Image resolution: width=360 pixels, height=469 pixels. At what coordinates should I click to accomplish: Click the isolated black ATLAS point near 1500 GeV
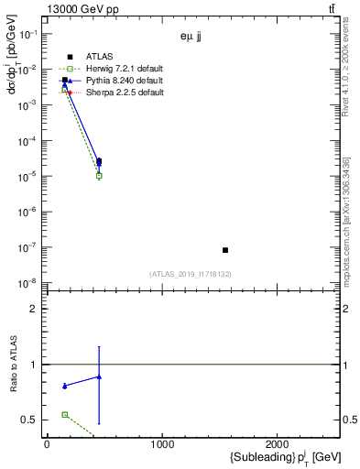(225, 250)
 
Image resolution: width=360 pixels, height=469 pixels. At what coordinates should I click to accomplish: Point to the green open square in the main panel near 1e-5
(99, 176)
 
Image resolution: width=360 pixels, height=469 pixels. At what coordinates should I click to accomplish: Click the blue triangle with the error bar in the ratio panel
(99, 376)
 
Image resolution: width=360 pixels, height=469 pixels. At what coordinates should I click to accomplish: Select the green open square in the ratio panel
(64, 414)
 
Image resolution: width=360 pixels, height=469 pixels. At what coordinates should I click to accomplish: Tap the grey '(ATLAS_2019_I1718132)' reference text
(191, 274)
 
